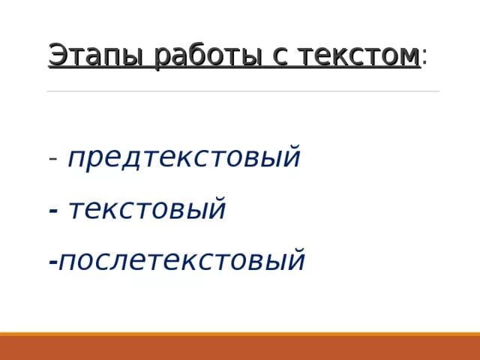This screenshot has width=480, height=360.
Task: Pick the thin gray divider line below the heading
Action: pos(243,91)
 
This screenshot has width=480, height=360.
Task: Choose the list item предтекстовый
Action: pos(184,158)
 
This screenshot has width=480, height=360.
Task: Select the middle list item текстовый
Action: pos(147,209)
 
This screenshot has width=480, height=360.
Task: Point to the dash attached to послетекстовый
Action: pos(52,262)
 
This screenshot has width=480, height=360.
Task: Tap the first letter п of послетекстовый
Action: pos(67,262)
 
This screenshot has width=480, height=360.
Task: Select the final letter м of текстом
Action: pos(408,56)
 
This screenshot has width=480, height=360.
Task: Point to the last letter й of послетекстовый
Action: pos(297,260)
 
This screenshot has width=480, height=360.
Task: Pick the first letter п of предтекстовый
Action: pos(76,159)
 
